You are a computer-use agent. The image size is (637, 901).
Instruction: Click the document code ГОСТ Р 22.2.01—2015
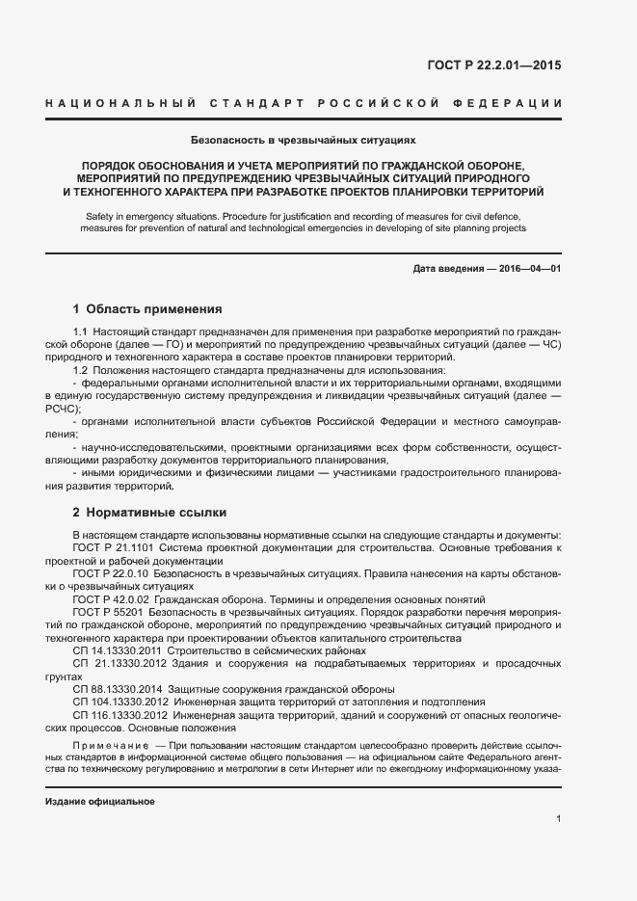click(x=493, y=66)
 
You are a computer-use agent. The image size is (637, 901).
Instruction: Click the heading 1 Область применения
click(x=147, y=309)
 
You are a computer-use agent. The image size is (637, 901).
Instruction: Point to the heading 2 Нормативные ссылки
click(x=149, y=513)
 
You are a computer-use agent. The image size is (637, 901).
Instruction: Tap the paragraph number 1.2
click(x=81, y=370)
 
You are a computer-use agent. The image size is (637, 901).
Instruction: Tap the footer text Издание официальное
click(x=100, y=802)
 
